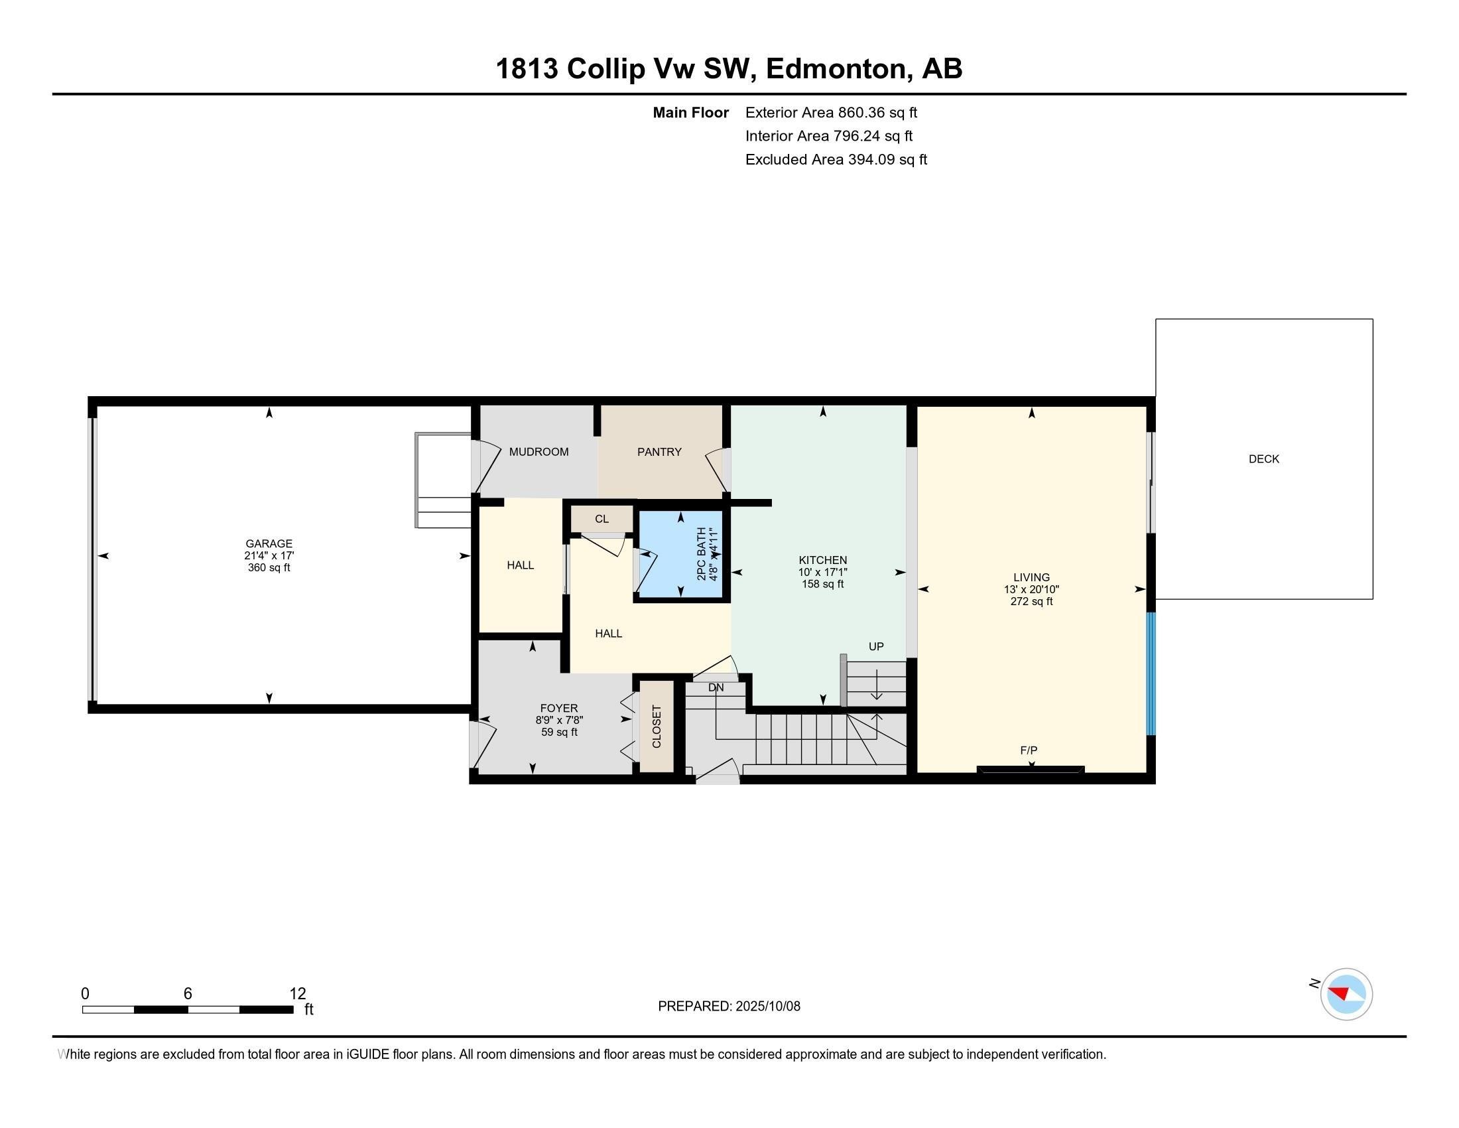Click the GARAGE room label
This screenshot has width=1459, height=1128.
(x=269, y=544)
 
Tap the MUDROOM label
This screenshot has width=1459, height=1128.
(x=539, y=453)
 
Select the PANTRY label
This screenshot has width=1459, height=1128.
(x=659, y=453)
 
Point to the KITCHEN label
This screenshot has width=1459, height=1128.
(x=822, y=560)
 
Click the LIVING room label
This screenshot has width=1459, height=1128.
(x=1031, y=577)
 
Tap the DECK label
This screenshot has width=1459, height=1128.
(x=1263, y=459)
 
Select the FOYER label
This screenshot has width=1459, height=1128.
(x=558, y=709)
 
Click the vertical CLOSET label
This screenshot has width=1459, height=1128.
(x=656, y=727)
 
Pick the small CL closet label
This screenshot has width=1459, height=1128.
(x=602, y=520)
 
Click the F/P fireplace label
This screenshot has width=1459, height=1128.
(x=1028, y=750)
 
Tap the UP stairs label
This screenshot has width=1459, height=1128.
(x=876, y=646)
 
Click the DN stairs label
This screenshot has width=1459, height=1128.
(x=716, y=687)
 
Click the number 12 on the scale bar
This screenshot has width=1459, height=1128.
(x=297, y=994)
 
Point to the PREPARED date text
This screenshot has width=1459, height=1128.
(x=729, y=1007)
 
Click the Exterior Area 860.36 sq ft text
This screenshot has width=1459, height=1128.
(x=831, y=113)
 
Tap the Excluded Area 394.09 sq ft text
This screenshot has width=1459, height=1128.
(x=836, y=160)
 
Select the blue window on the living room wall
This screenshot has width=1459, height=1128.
(x=1151, y=673)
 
